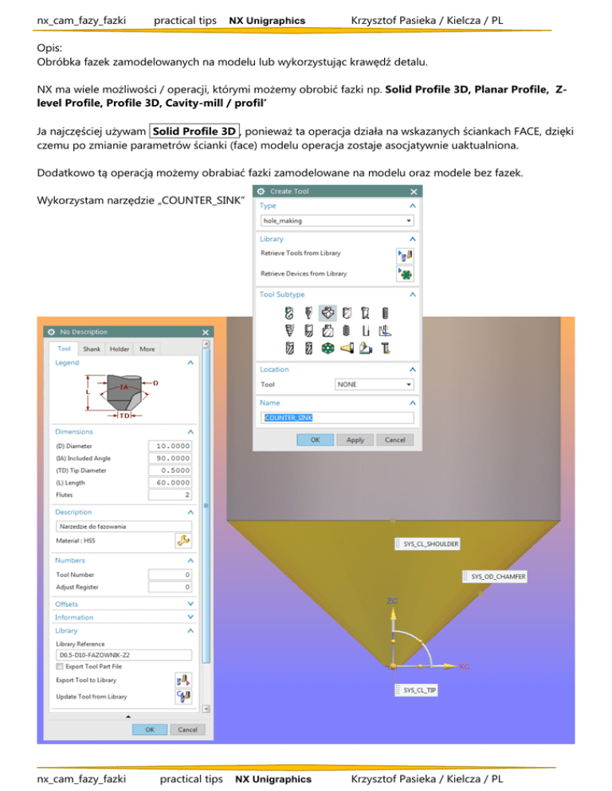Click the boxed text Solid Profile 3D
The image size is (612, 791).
(194, 131)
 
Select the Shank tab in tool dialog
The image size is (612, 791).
(92, 349)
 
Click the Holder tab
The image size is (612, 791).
(120, 349)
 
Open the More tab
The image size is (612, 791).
(147, 349)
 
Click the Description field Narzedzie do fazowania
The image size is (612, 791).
(124, 526)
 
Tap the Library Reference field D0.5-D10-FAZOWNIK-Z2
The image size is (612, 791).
(124, 656)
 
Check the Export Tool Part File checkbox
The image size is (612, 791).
(60, 666)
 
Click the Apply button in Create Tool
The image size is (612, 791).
(355, 439)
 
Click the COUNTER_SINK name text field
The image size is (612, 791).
(338, 418)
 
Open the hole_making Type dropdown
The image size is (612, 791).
(338, 220)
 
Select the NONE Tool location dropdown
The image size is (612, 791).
(374, 384)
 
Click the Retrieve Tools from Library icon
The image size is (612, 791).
(404, 254)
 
